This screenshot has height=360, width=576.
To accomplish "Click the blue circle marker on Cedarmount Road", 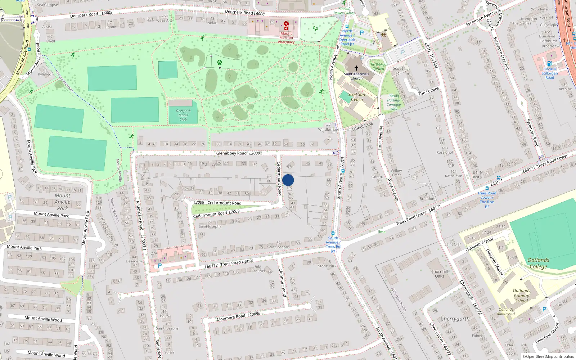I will click(x=288, y=180).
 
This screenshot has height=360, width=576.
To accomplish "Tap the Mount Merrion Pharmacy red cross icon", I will click(x=286, y=26).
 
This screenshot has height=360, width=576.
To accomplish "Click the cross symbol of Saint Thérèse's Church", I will click(x=356, y=68).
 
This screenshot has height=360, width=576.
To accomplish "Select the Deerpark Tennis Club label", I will click(x=183, y=115).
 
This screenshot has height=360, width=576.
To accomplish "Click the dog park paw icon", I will click(x=220, y=62).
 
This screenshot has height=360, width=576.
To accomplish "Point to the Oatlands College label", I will click(x=538, y=263).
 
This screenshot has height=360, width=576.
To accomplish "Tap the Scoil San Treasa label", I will click(x=356, y=97).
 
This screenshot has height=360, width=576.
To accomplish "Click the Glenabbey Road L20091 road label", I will click(x=239, y=153).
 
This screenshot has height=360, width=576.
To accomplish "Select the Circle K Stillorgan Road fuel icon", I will click(x=549, y=64).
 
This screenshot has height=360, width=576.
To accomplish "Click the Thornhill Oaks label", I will click(x=440, y=274).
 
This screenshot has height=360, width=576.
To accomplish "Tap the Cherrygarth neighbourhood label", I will click(x=455, y=319).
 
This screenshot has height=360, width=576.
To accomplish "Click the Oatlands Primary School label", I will click(x=521, y=296).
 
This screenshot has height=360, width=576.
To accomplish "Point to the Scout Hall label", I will click(x=398, y=71).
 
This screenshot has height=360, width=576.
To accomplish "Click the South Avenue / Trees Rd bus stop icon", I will click(x=333, y=233).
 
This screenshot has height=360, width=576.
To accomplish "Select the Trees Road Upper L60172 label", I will click(x=229, y=264).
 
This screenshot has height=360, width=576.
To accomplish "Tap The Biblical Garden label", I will click(x=378, y=67).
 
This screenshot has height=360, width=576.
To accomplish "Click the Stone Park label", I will click(x=327, y=266).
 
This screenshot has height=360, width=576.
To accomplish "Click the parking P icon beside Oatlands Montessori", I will click(x=544, y=309).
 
